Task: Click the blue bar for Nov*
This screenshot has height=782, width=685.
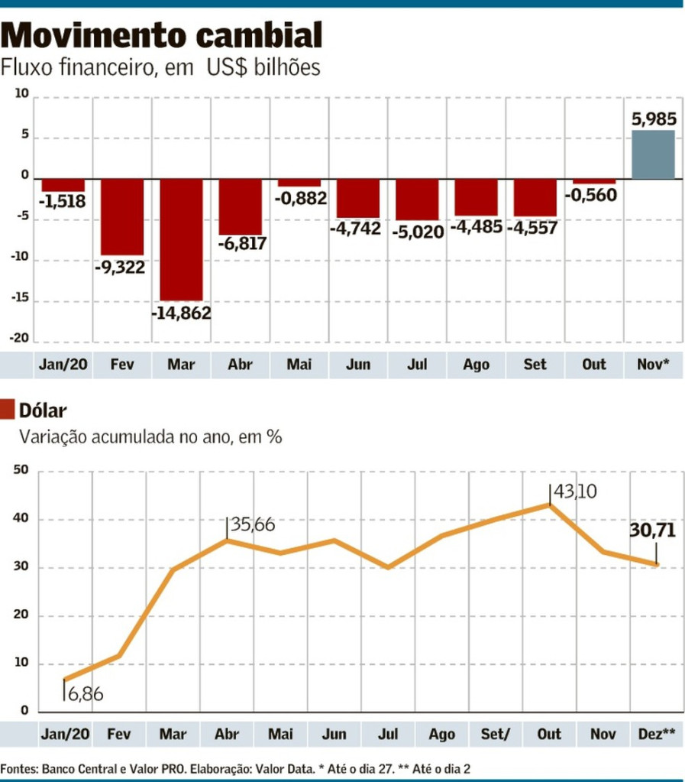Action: pyautogui.click(x=653, y=154)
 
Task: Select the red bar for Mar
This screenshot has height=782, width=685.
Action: pyautogui.click(x=181, y=239)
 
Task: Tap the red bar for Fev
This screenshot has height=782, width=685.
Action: pyautogui.click(x=122, y=216)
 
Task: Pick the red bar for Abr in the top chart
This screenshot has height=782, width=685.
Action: pyautogui.click(x=240, y=206)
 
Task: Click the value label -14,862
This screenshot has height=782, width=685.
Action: pyautogui.click(x=181, y=313)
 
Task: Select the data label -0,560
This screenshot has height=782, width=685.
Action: pyautogui.click(x=591, y=195)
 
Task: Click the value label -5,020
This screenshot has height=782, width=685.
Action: pyautogui.click(x=418, y=231)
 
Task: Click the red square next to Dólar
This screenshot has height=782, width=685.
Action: pyautogui.click(x=8, y=409)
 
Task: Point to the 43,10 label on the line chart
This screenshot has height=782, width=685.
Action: pyautogui.click(x=575, y=491)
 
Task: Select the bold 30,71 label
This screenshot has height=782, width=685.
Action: pyautogui.click(x=653, y=529)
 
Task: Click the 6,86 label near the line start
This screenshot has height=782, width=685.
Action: pyautogui.click(x=85, y=695)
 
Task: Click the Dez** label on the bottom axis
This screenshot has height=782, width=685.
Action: pyautogui.click(x=656, y=735)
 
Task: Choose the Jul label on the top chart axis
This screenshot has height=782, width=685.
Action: pyautogui.click(x=417, y=365)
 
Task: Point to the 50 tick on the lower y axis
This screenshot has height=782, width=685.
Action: pyautogui.click(x=21, y=471)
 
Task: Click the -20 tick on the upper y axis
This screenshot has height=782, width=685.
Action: pyautogui.click(x=20, y=339)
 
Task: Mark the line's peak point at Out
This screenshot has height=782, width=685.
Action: pyautogui.click(x=550, y=504)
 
